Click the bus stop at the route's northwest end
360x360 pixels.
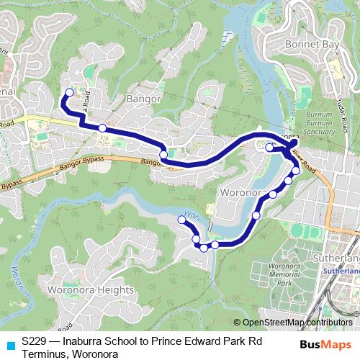(x=70, y=91)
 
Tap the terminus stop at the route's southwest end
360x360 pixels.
(x=181, y=219)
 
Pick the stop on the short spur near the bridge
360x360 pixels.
(x=269, y=148)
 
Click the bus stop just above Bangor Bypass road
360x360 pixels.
(x=163, y=154)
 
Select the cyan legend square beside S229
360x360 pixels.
(x=9, y=344)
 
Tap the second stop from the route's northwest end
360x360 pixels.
(x=102, y=127)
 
